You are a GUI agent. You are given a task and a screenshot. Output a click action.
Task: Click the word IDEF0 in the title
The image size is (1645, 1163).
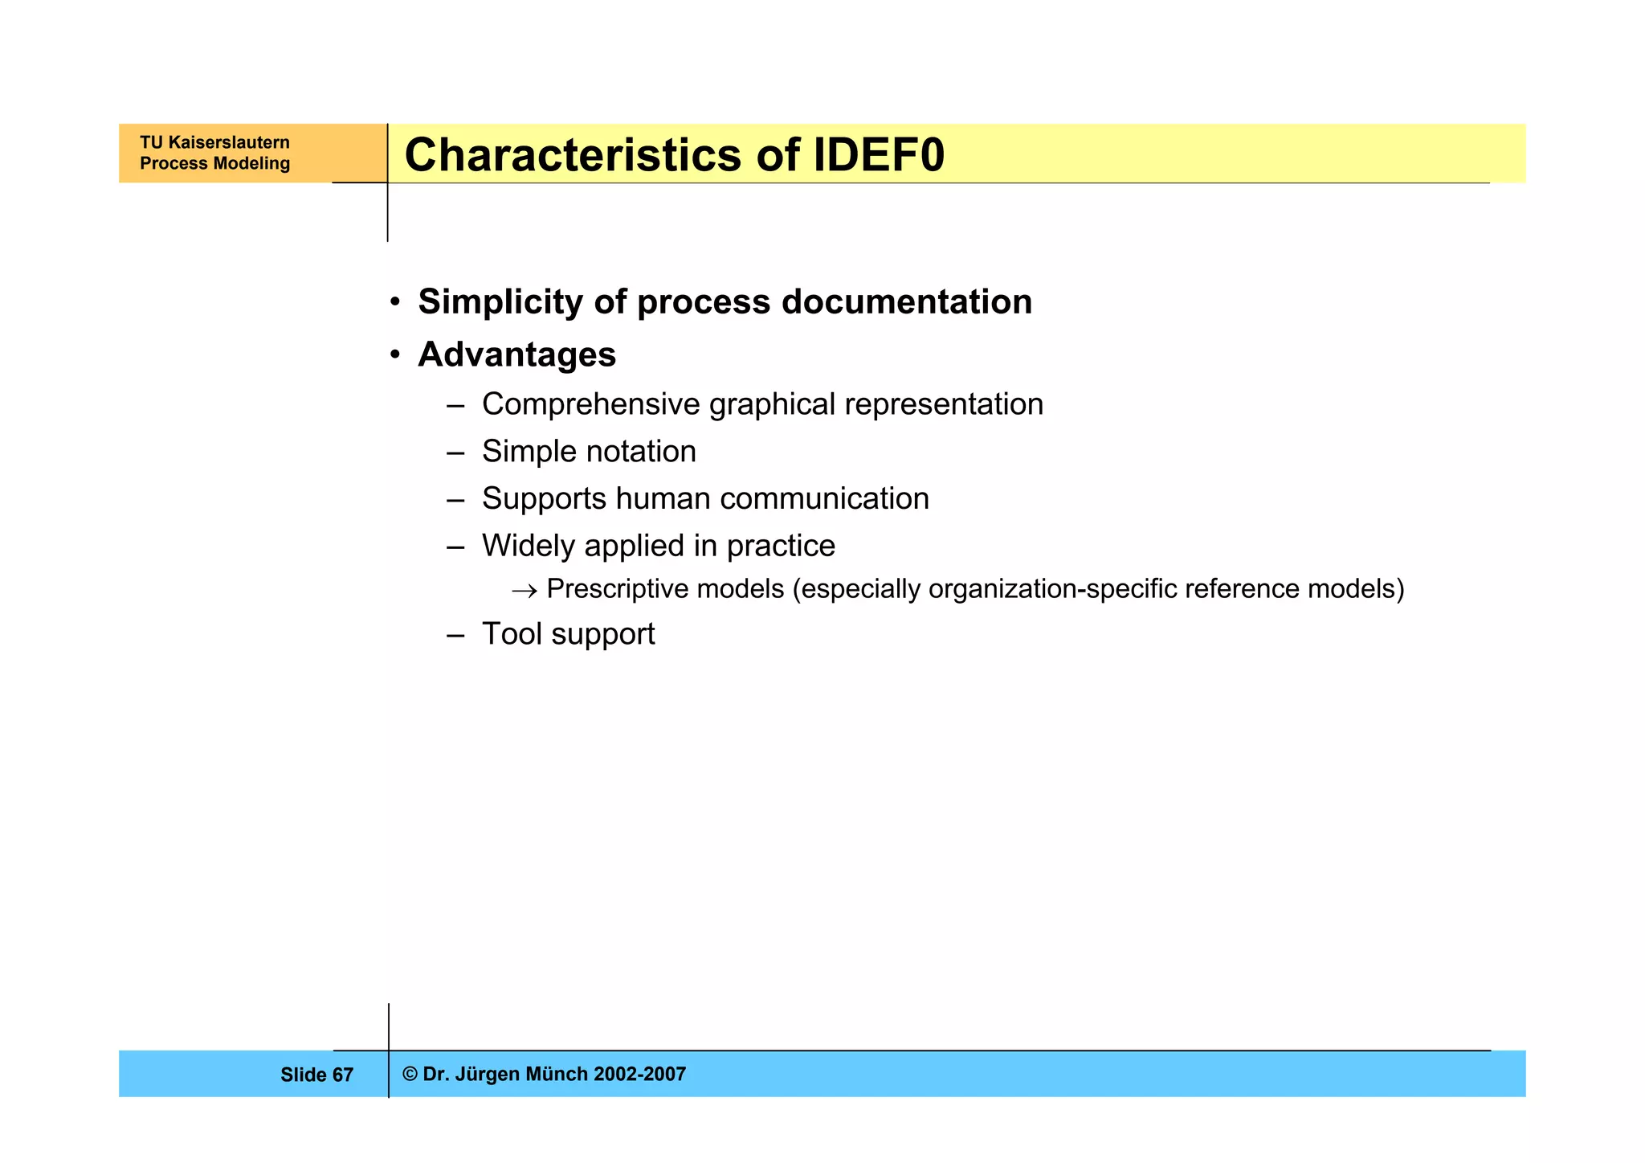click(879, 154)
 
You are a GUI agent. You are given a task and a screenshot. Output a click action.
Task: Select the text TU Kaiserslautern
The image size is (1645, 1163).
click(214, 142)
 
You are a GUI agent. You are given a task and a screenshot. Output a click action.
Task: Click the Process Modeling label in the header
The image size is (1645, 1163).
click(214, 163)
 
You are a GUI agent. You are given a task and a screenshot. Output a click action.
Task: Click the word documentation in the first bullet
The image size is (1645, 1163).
click(907, 302)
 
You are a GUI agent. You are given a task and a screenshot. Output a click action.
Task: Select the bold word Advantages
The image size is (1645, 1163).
click(516, 354)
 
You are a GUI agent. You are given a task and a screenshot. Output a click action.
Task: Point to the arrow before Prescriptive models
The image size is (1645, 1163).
click(524, 591)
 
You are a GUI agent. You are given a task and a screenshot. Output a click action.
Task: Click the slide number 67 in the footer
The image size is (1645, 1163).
click(343, 1075)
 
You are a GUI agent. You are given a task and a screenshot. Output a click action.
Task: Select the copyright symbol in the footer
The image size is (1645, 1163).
click(410, 1075)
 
